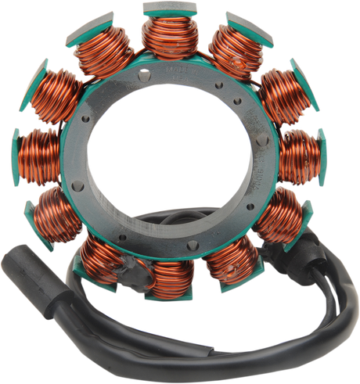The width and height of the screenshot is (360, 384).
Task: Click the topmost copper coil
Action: [167, 36]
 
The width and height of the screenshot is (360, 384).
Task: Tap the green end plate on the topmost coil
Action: [167, 9]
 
